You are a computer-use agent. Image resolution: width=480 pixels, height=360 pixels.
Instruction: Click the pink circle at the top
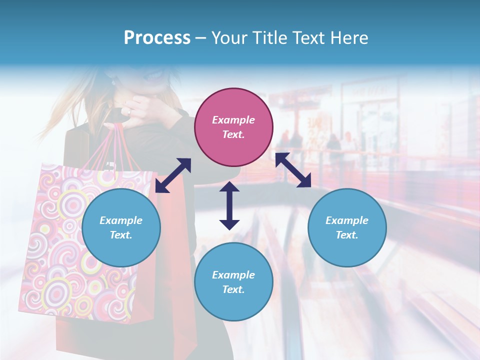tap(233, 127)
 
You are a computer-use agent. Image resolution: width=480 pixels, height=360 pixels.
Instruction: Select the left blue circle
tap(121, 227)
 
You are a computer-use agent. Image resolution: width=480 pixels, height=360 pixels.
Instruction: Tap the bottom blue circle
tap(233, 282)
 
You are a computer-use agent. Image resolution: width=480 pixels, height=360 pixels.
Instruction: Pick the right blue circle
tap(346, 227)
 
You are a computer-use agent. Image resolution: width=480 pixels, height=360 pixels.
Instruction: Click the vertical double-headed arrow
tap(229, 205)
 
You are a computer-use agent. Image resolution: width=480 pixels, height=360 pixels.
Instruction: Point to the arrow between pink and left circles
tap(173, 175)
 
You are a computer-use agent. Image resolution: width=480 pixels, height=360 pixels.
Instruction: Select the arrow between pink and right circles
tap(293, 170)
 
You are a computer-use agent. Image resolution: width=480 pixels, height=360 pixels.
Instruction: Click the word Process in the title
tap(157, 37)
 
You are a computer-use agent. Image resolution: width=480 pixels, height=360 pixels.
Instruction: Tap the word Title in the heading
tap(270, 37)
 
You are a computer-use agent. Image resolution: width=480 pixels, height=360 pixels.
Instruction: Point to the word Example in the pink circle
tap(233, 120)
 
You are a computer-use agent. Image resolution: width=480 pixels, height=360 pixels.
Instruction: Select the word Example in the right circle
tap(346, 220)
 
